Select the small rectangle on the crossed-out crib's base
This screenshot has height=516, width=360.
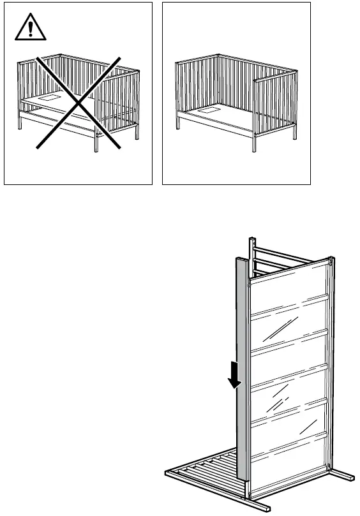[48, 99]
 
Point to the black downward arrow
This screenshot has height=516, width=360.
[235, 376]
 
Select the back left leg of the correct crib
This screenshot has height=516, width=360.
[177, 121]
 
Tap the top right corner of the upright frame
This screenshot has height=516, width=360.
[331, 260]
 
